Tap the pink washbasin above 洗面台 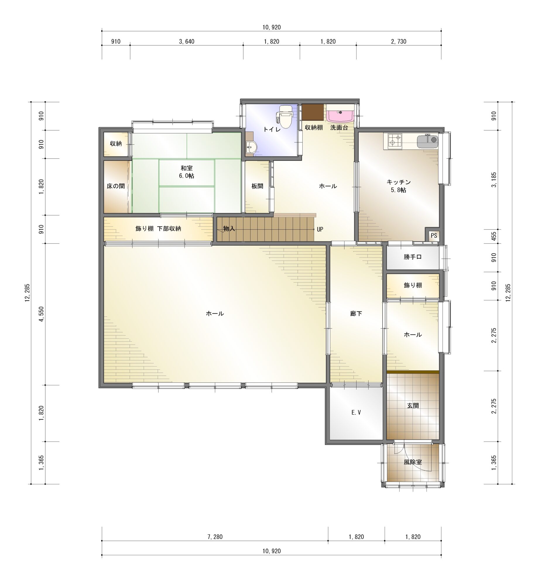pos(340,116)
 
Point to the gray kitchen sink pos(428,141)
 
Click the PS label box pos(434,236)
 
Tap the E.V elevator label pos(356,413)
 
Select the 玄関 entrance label pos(413,406)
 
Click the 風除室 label pos(412,462)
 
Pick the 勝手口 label pos(412,257)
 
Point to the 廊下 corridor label pos(356,314)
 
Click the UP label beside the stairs pos(320,229)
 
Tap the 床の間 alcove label pos(115,186)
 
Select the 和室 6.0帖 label pos(186,172)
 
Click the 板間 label pos(257,186)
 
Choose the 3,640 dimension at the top pos(186,42)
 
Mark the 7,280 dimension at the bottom pos(215,537)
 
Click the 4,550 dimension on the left pos(42,314)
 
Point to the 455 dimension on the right pos(494,236)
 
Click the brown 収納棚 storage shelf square pos(313,112)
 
